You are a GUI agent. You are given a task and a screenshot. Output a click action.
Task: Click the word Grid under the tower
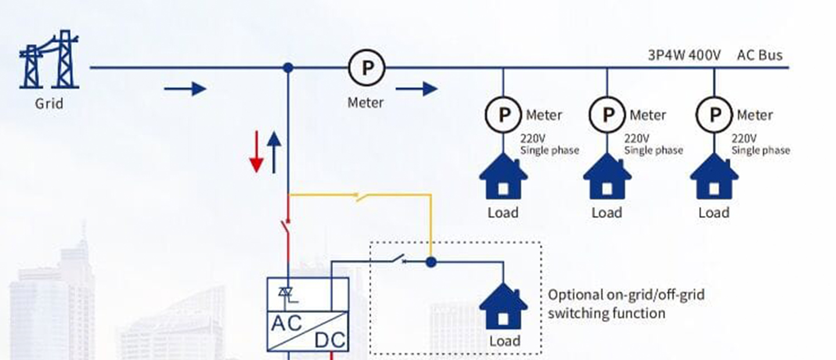pos(49,105)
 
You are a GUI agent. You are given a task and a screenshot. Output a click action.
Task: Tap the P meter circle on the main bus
pos(366,68)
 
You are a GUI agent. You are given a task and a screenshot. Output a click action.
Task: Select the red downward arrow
pos(257,152)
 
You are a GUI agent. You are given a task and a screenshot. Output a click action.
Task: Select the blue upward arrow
pos(274,152)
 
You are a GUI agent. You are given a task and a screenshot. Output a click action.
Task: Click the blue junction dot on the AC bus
pos(288,68)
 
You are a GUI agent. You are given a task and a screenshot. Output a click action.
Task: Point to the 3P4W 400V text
pos(684,55)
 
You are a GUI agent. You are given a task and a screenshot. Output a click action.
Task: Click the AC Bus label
pos(759,55)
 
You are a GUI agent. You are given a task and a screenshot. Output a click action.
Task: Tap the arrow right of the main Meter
pos(416,89)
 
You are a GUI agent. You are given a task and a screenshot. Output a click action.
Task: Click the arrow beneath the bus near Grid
pos(185,89)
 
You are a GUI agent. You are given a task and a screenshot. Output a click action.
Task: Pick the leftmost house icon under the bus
pos(503,177)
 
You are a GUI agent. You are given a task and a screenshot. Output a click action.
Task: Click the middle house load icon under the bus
pos(607,177)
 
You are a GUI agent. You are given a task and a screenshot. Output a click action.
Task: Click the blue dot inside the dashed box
pos(430,262)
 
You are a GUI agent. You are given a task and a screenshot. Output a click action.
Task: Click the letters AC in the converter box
pos(287,323)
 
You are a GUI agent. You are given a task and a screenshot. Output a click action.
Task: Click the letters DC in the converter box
pos(329,340)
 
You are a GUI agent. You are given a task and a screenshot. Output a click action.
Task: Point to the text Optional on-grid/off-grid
pos(626,294)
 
